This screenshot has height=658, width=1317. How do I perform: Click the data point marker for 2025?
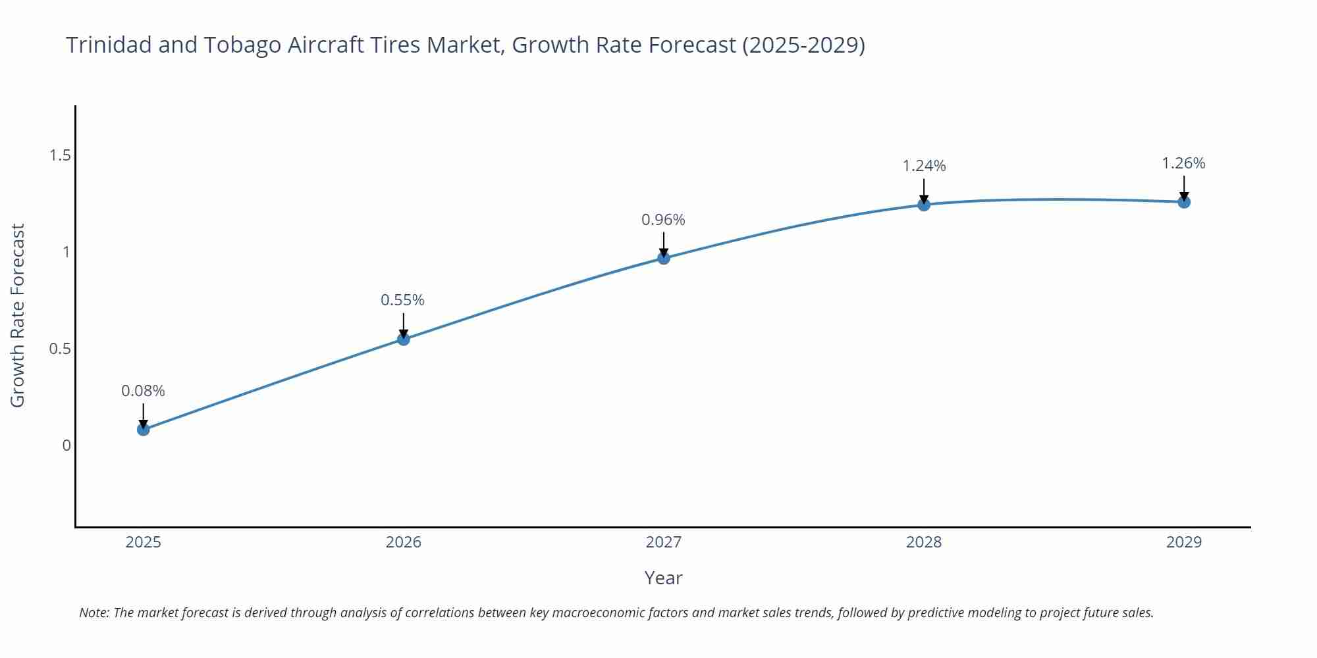point(143,430)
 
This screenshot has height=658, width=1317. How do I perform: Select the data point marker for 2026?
point(404,340)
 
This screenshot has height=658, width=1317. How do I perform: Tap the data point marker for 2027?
point(664,258)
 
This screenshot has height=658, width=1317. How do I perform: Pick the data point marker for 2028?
point(924,205)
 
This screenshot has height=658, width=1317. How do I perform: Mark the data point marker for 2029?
point(1184,202)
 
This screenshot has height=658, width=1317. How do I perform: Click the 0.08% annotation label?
point(143,391)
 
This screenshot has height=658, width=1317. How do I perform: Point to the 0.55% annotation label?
point(402,300)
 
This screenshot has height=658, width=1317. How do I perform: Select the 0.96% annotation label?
point(663,220)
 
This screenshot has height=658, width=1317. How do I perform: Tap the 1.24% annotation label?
point(924,166)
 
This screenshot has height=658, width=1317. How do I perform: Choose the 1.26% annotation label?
point(1183,163)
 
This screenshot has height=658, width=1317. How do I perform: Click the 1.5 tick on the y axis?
point(60,155)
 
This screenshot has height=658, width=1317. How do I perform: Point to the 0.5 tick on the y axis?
point(60,349)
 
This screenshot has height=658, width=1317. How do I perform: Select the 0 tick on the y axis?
point(67,445)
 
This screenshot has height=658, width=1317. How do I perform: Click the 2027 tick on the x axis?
point(664,542)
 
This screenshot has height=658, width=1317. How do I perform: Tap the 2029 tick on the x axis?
point(1184,542)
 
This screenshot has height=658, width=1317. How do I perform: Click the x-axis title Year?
point(663,578)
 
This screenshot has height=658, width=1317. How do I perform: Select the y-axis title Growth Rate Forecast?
point(18,315)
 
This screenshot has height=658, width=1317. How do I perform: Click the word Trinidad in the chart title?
point(109,45)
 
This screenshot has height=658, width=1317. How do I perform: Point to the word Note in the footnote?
point(94,613)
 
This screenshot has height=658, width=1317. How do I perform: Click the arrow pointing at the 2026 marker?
point(404,325)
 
